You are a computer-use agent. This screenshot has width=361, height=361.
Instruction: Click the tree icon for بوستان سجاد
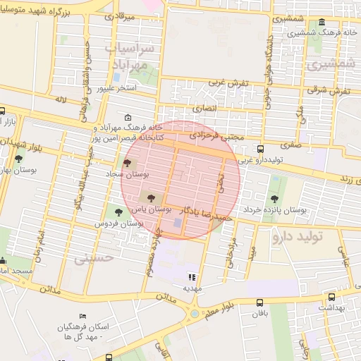tap(127, 163)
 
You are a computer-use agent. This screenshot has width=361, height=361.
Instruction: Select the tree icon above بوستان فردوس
tap(118, 211)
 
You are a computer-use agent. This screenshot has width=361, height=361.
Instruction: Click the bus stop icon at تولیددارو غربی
tap(261, 149)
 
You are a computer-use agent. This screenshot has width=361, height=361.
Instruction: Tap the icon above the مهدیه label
tap(192, 276)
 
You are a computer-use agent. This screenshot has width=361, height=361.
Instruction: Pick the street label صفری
tap(291, 144)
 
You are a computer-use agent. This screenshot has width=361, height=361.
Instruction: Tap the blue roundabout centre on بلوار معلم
tap(195, 313)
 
